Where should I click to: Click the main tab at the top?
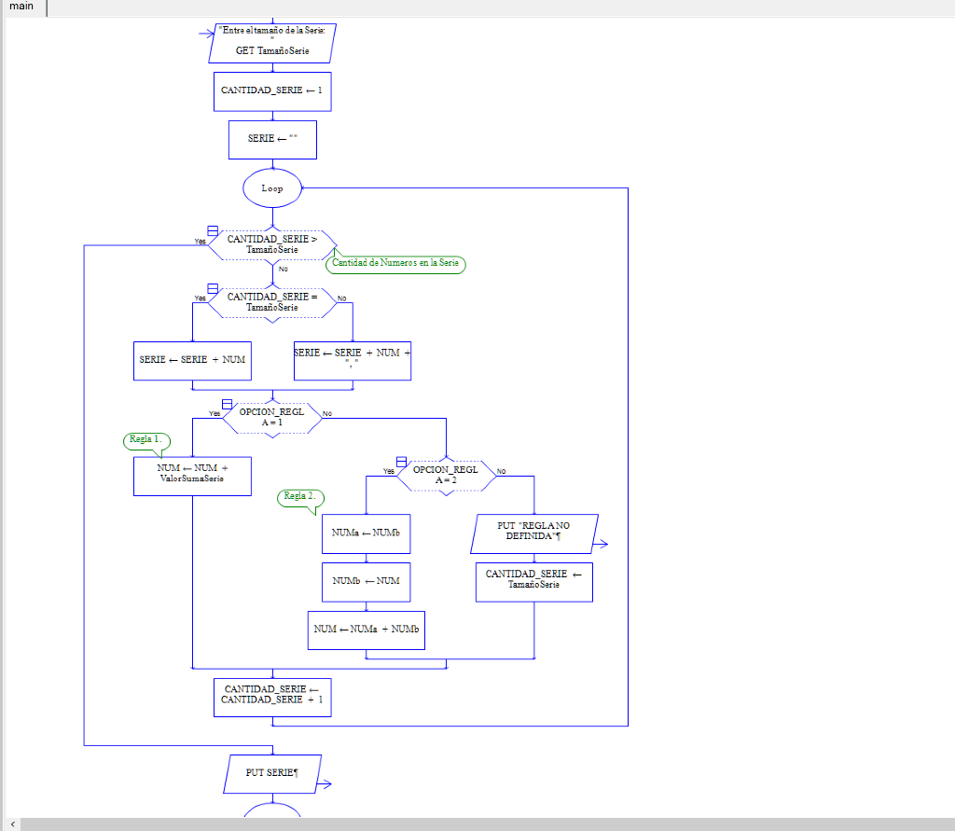(21, 7)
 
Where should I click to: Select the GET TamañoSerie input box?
(271, 43)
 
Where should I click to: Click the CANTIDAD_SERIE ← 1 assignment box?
(271, 91)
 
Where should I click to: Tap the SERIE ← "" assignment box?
(272, 139)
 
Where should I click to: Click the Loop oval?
(272, 187)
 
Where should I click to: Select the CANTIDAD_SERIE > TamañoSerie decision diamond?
(271, 244)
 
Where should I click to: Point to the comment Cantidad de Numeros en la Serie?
(395, 263)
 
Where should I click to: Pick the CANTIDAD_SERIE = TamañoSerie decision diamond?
(271, 302)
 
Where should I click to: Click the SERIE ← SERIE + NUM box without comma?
(192, 360)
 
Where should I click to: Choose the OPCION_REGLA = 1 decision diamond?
(271, 417)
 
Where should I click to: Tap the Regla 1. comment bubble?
(146, 439)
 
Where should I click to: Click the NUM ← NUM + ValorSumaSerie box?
(192, 475)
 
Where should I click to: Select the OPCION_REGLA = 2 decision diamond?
(446, 475)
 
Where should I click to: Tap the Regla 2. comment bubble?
(299, 497)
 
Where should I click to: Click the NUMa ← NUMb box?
(366, 533)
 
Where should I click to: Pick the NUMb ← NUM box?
(366, 581)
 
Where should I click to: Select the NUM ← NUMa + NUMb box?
(366, 630)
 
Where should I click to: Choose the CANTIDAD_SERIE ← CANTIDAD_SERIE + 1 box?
(271, 696)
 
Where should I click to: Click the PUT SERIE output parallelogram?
(271, 773)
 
